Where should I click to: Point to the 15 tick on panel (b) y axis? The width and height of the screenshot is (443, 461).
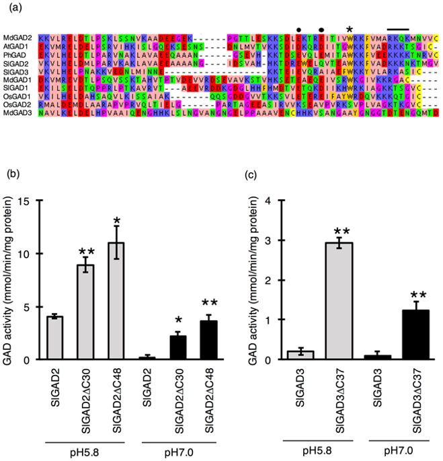[34, 201]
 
